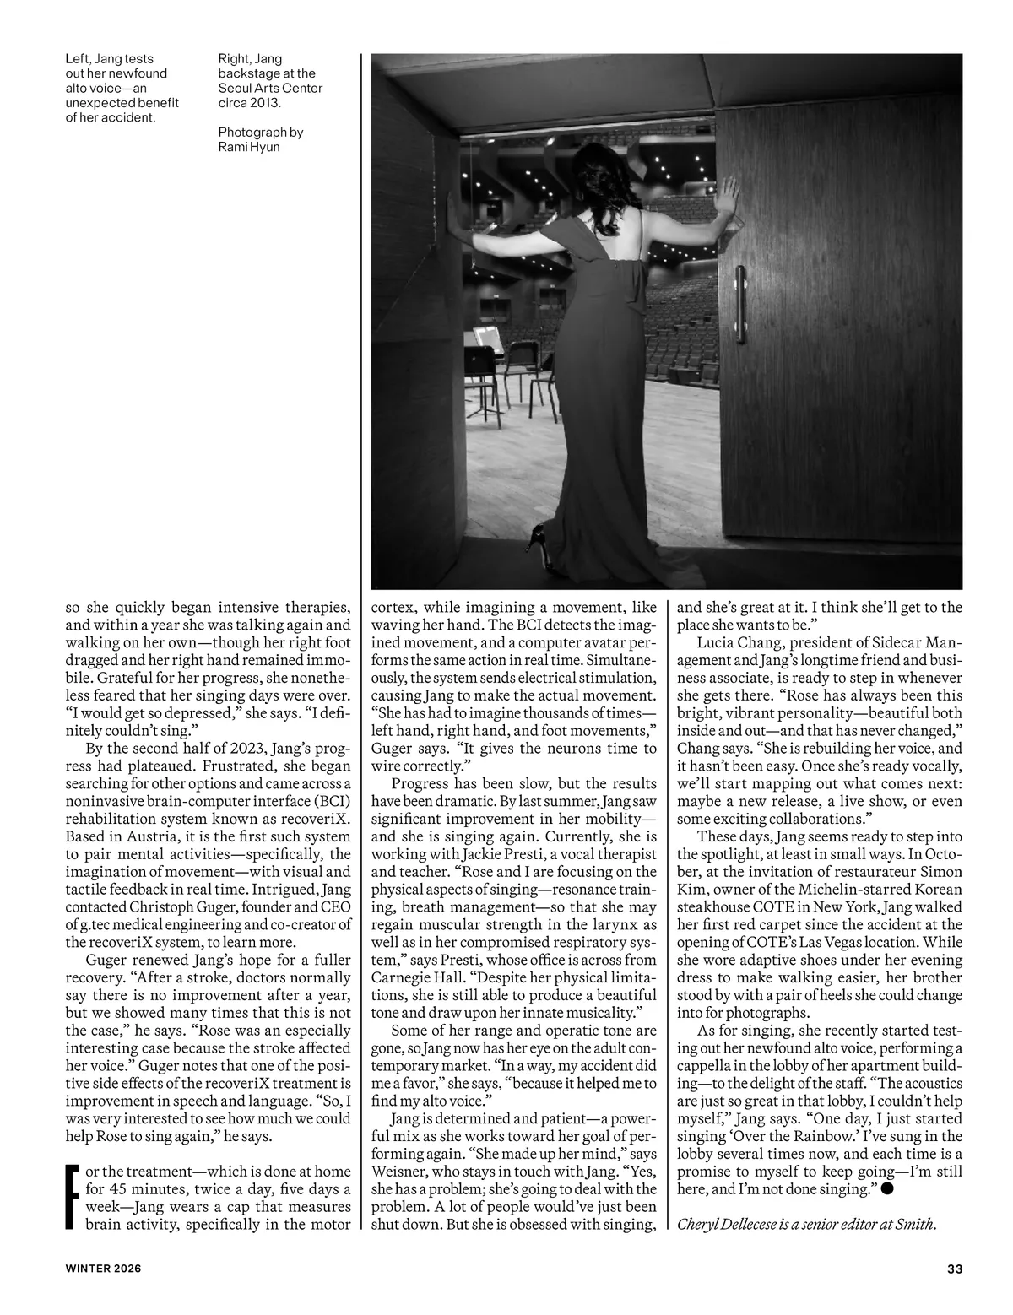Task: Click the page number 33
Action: [x=955, y=1269]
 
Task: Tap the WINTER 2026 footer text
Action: [x=104, y=1269]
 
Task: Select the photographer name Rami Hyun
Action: [x=249, y=147]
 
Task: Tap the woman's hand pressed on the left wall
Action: [x=456, y=202]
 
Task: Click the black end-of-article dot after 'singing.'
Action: [x=889, y=1188]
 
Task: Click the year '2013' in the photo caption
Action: [x=265, y=102]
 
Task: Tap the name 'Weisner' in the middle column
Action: [x=399, y=1172]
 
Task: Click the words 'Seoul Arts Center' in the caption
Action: [x=270, y=88]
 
